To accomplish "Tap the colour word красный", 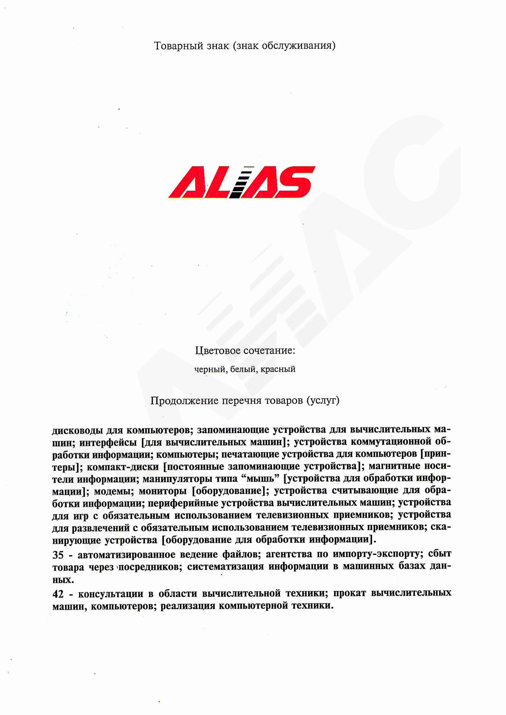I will click(278, 369).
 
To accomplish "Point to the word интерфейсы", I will click(108, 443).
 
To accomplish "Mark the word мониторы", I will click(162, 491).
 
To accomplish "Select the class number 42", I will click(58, 594).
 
